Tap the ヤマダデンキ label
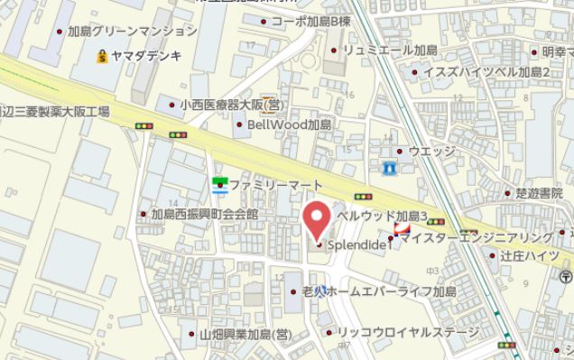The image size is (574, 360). pos(147,56)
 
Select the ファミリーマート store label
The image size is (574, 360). pos(269,184)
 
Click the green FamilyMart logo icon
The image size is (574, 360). pos(218,185)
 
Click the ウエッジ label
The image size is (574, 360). pos(431,151)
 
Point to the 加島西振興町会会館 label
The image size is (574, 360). pos(204,215)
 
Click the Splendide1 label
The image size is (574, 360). pos(357,244)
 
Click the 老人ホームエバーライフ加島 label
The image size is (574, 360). pos(379,292)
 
